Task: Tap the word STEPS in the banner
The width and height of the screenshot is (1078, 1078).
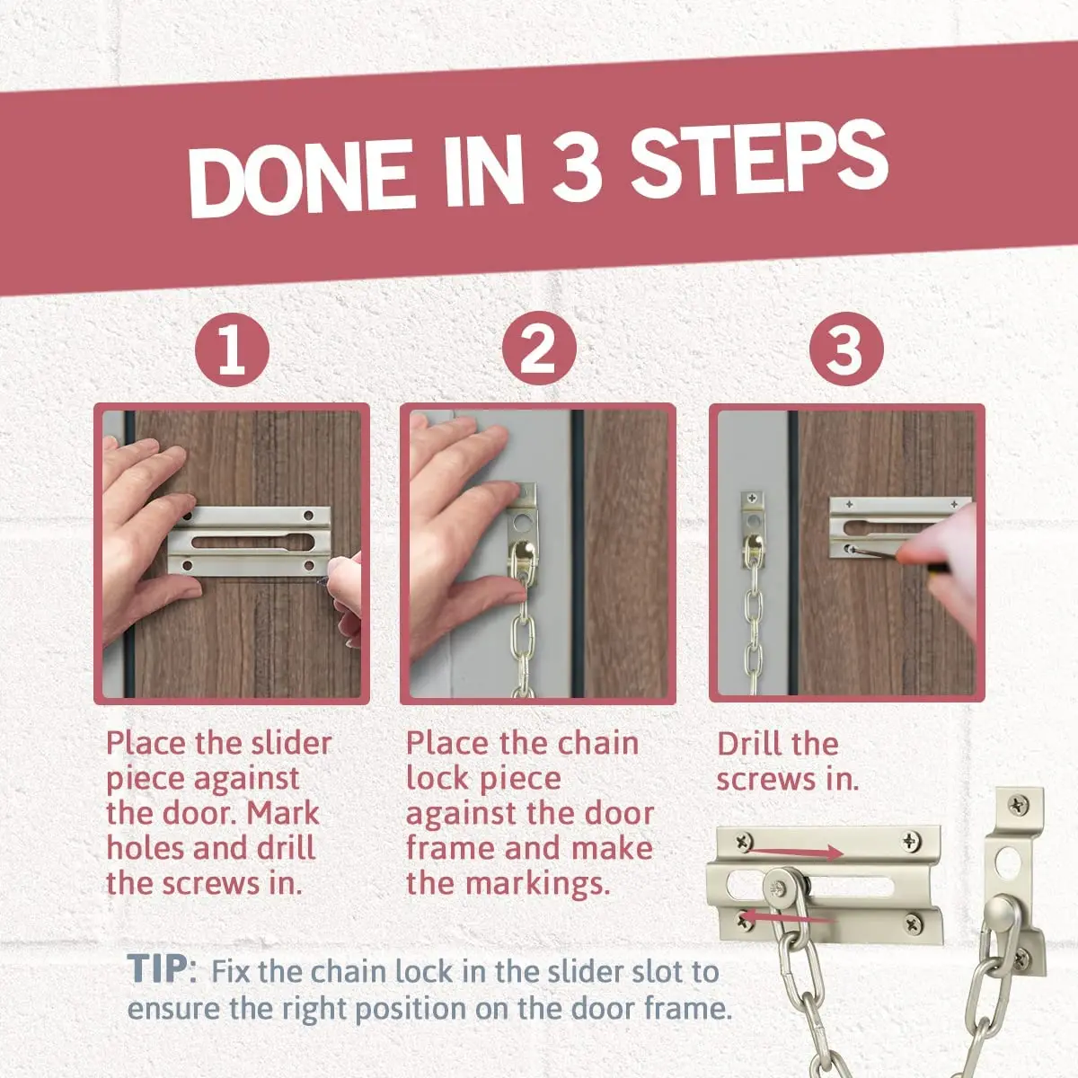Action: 760,158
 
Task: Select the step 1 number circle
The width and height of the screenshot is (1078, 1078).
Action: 232,349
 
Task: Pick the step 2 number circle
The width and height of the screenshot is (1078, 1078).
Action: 539,348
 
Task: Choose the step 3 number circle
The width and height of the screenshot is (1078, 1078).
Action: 846,349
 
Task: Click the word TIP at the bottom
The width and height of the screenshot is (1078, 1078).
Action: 157,969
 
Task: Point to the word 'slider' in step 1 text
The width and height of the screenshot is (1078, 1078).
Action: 291,744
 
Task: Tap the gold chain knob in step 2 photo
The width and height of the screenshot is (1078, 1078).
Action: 523,555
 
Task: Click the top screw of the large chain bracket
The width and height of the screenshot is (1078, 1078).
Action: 1017,806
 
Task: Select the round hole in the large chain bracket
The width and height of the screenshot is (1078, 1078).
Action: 1008,862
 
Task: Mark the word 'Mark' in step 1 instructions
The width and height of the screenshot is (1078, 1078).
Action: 283,814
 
